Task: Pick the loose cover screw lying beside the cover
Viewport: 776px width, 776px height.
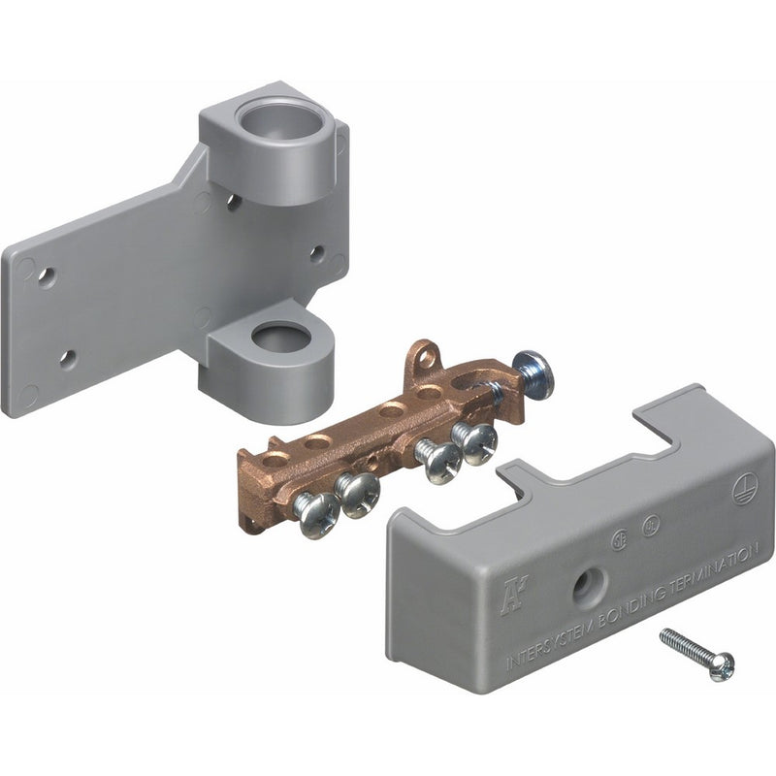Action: tap(696, 654)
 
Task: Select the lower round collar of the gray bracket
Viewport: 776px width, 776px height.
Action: tap(282, 339)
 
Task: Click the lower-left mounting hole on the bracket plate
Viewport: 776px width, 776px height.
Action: tap(67, 359)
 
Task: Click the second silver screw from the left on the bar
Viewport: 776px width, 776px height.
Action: tap(358, 493)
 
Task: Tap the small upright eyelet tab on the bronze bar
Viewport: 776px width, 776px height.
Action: tap(423, 357)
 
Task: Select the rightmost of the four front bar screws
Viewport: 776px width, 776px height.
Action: tap(476, 442)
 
